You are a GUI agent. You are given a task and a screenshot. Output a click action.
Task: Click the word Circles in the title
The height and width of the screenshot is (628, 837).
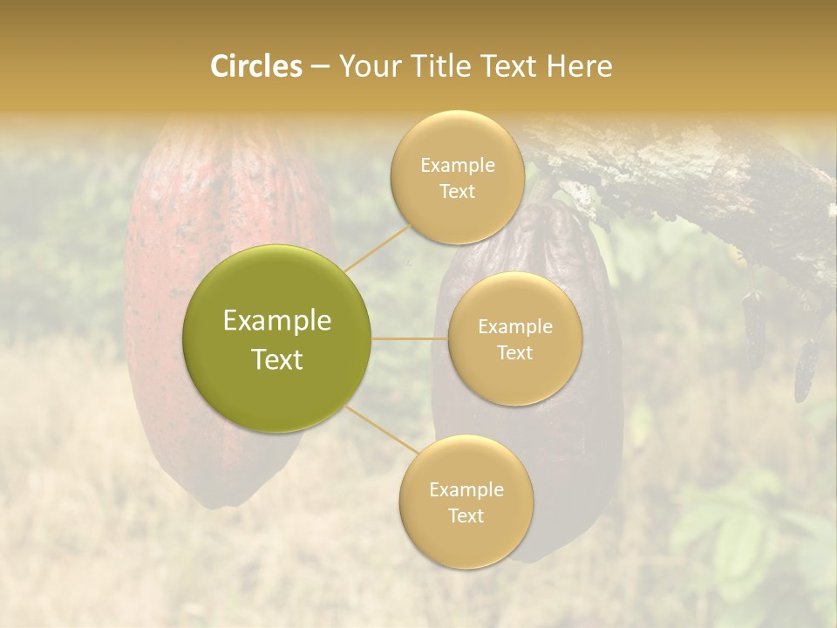[x=255, y=66]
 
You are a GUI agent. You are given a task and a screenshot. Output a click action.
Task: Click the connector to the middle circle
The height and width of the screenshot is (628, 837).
[x=410, y=338]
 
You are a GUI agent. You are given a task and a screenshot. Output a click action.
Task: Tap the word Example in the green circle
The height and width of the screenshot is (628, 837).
[x=277, y=321]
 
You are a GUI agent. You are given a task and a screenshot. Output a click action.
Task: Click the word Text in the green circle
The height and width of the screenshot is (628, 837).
[x=277, y=359]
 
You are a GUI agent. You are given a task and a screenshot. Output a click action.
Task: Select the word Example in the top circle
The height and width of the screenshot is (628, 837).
[x=457, y=166]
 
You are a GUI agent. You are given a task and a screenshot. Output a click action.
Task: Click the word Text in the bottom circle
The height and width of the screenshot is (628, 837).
[x=466, y=515]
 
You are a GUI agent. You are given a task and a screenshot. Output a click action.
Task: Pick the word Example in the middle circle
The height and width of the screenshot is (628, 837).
[x=514, y=327]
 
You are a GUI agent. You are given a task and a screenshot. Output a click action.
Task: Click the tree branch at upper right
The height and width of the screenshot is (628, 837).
[x=697, y=174]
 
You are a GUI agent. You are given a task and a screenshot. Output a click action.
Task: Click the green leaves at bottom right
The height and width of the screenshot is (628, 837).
[x=741, y=541]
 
